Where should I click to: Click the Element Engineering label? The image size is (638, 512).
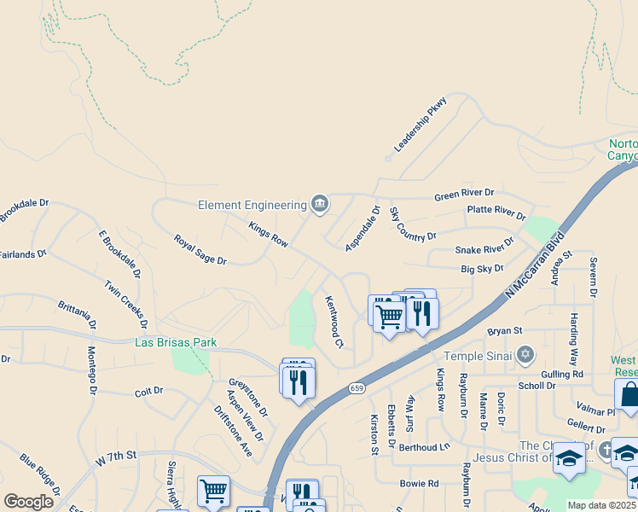252,205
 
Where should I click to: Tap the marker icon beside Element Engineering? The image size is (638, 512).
320,203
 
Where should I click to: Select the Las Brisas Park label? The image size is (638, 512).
176,343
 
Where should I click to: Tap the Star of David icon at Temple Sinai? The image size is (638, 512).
525,353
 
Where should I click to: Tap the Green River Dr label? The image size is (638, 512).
464,194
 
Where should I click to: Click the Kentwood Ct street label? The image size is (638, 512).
333,322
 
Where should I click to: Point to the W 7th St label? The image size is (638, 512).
117,460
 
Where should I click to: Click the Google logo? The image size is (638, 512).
28,502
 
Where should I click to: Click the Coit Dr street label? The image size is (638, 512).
148,392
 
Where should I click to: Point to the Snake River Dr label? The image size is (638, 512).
484,247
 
